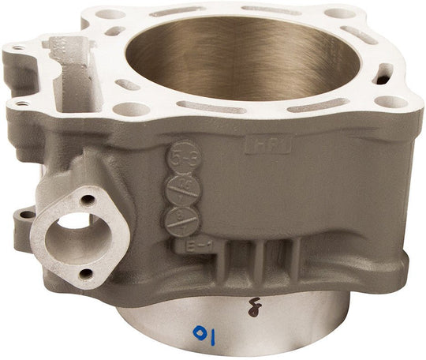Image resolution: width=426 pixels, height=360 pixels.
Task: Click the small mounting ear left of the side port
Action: [x=28, y=214]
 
